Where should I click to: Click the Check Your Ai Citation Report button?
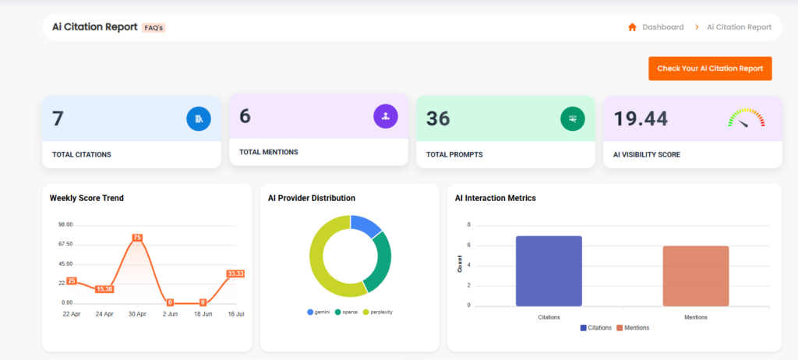(710, 69)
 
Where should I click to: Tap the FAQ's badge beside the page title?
(154, 27)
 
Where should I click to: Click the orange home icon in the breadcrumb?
(632, 27)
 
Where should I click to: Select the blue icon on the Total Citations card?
(199, 118)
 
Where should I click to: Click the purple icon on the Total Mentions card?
(386, 116)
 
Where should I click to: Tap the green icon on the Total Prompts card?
(573, 118)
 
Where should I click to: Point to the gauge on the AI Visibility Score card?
(746, 118)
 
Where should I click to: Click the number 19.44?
(641, 118)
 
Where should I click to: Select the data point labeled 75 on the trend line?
(137, 238)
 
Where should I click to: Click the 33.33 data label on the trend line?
(235, 274)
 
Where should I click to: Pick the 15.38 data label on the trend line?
(104, 289)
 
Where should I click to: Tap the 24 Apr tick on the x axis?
(104, 314)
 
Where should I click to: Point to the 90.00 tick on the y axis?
(65, 224)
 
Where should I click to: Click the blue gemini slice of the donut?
(366, 224)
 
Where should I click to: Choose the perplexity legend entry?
(378, 312)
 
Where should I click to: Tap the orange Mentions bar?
(696, 276)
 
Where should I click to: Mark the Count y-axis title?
(460, 266)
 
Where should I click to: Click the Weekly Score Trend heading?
(87, 198)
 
